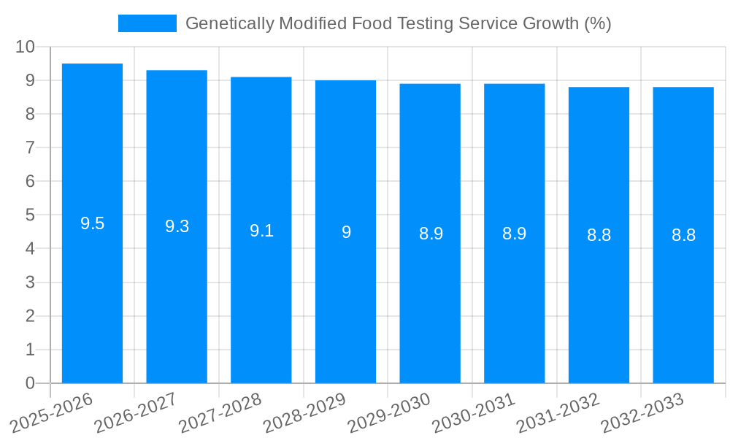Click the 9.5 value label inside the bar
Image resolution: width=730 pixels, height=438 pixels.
coord(92,224)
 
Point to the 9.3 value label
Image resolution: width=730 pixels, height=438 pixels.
coord(177,227)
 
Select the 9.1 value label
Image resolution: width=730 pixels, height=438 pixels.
coord(261,231)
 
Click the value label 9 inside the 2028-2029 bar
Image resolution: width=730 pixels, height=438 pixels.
coord(346,232)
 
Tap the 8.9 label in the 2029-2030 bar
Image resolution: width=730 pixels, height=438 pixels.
coord(431,234)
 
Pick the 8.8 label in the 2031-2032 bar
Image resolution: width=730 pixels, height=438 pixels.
coord(599,236)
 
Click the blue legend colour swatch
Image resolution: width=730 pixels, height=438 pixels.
coord(147,23)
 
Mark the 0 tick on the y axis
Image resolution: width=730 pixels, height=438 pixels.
coord(30,383)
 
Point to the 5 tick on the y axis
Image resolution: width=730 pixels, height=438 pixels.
coord(30,215)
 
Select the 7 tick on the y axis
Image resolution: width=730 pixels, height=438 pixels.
coord(30,147)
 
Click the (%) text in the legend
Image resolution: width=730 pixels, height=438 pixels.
coord(598,23)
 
